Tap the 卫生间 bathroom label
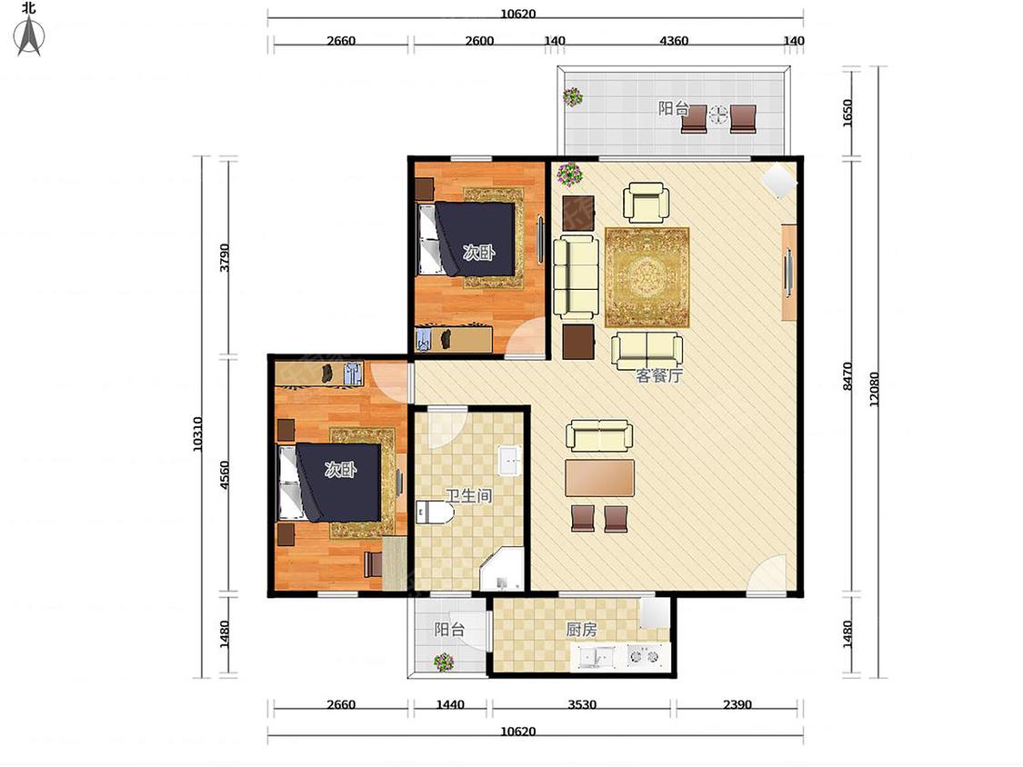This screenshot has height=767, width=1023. (x=468, y=495)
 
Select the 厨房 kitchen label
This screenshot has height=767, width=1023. (x=581, y=630)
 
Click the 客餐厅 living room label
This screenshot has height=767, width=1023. (x=659, y=375)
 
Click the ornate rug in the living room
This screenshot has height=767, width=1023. (x=647, y=277)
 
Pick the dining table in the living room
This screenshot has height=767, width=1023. (x=599, y=478)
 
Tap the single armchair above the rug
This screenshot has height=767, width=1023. (x=646, y=202)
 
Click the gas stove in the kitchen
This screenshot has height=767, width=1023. (x=644, y=655)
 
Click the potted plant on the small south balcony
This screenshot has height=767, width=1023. (x=444, y=662)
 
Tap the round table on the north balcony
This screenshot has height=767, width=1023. (x=718, y=115)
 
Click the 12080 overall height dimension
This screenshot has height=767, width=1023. (x=874, y=389)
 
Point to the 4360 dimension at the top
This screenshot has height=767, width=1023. (x=674, y=40)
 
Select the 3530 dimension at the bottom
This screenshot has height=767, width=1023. (x=581, y=704)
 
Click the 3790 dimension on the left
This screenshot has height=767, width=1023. (x=225, y=257)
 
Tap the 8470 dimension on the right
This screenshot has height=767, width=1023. (x=847, y=376)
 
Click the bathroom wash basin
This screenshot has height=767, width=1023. (x=509, y=461)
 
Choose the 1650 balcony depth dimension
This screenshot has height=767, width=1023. (x=847, y=113)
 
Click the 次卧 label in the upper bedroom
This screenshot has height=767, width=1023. (x=479, y=253)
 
